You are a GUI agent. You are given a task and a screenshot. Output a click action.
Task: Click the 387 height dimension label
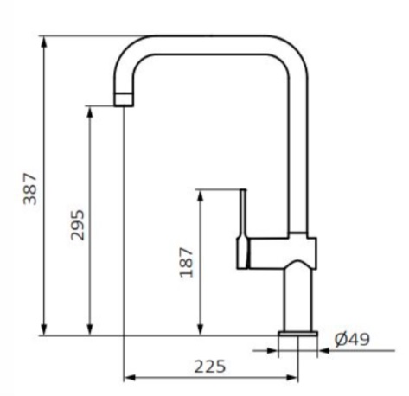pyautogui.click(x=30, y=188)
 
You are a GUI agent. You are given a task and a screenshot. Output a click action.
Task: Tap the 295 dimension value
pyautogui.click(x=78, y=225)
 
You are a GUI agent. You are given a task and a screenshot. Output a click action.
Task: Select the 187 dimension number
pyautogui.click(x=186, y=262)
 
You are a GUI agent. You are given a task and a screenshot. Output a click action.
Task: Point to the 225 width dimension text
pyautogui.click(x=210, y=367)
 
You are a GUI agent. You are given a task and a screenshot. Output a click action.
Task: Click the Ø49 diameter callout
pyautogui.click(x=352, y=339)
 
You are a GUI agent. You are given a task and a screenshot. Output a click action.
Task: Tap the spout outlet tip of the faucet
pyautogui.click(x=124, y=99)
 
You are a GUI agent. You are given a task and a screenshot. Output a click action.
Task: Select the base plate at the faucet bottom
pyautogui.click(x=298, y=334)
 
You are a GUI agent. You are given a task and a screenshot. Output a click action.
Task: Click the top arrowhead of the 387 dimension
pyautogui.click(x=44, y=42)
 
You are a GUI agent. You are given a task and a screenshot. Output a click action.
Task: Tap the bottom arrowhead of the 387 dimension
pyautogui.click(x=44, y=329)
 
